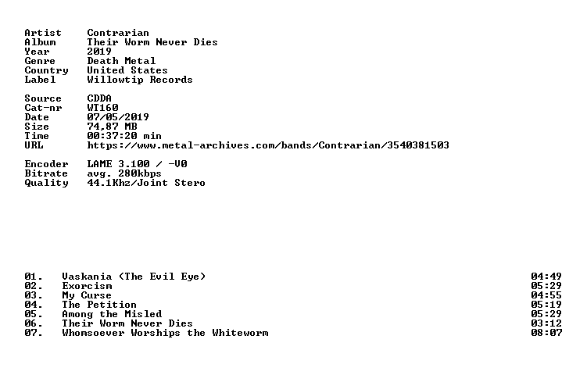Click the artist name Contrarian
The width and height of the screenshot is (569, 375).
click(x=118, y=33)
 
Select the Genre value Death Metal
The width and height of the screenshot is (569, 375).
click(x=121, y=61)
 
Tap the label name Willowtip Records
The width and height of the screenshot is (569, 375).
click(x=140, y=80)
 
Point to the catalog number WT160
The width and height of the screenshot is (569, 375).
click(x=102, y=108)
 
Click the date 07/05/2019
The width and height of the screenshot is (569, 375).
click(x=118, y=117)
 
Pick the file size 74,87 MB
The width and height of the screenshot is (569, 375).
click(x=112, y=127)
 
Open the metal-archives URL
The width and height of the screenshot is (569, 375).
click(x=268, y=145)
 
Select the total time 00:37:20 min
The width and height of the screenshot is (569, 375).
click(x=124, y=136)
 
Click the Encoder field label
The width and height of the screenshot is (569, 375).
click(x=46, y=164)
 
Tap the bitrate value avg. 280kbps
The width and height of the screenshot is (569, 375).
click(x=124, y=173)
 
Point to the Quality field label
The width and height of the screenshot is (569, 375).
click(x=46, y=183)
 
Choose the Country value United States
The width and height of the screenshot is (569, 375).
click(x=127, y=70)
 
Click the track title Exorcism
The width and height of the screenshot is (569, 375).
click(x=87, y=286)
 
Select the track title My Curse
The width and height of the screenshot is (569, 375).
click(x=87, y=295)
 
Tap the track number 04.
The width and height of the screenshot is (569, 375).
click(x=34, y=305)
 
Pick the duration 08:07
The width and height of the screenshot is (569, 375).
click(x=546, y=333)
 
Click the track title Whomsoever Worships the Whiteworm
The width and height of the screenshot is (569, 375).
click(x=165, y=333)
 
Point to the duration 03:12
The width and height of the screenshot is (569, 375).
click(x=546, y=323)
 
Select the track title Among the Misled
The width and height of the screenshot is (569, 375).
click(x=112, y=314)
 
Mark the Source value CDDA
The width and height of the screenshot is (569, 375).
click(x=99, y=98)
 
